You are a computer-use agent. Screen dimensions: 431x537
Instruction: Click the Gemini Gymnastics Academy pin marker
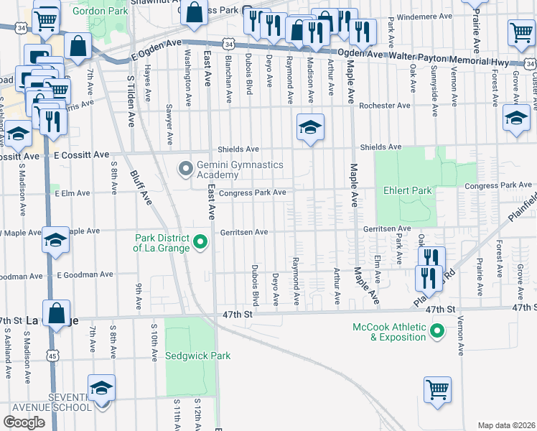pyautogui.click(x=186, y=170)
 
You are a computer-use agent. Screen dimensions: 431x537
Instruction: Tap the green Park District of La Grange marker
pyautogui.click(x=200, y=243)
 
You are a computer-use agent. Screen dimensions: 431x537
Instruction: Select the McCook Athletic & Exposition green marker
pyautogui.click(x=435, y=331)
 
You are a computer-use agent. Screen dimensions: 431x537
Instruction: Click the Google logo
pyautogui.click(x=24, y=422)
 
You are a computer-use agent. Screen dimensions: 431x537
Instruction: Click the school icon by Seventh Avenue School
pyautogui.click(x=102, y=388)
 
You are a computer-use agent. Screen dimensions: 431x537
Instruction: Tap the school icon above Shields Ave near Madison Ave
pyautogui.click(x=310, y=127)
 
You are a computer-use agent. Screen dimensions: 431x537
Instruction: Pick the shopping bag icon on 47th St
pyautogui.click(x=56, y=313)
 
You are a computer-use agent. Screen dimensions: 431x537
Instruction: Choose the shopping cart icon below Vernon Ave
pyautogui.click(x=437, y=390)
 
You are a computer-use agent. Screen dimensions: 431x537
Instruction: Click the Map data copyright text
pyautogui.click(x=505, y=425)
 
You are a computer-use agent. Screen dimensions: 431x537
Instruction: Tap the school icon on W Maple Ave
pyautogui.click(x=55, y=241)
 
